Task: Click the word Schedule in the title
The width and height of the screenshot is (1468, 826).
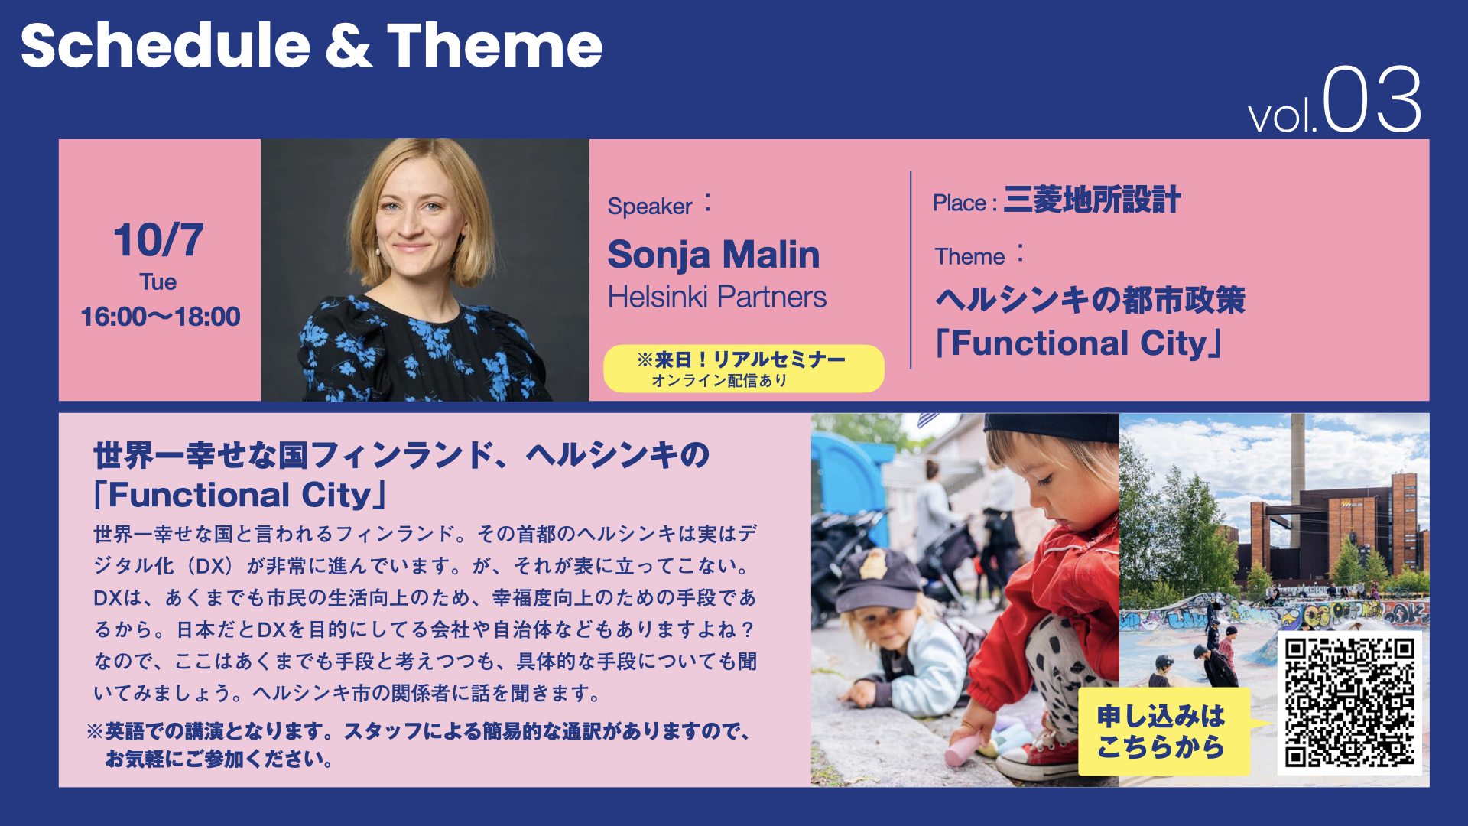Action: (165, 46)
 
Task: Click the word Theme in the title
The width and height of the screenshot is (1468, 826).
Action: (495, 46)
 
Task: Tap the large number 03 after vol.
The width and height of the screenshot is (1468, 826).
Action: (1372, 99)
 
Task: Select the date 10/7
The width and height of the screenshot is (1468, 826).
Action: (159, 240)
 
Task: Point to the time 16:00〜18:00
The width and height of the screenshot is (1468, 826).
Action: (160, 317)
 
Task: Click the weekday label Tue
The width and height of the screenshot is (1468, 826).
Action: (158, 282)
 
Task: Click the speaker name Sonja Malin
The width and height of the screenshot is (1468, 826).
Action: (713, 255)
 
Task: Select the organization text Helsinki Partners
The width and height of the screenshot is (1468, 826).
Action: (717, 297)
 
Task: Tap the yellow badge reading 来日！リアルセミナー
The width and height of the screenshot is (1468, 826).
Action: (744, 369)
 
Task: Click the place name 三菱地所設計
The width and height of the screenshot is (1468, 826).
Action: (1092, 200)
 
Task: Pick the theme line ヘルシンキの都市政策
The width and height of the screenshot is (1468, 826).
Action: (1090, 300)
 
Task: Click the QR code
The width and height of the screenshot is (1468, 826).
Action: (1349, 703)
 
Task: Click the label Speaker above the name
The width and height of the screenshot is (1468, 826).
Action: (650, 206)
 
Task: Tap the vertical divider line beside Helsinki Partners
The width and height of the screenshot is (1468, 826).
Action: (911, 270)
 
